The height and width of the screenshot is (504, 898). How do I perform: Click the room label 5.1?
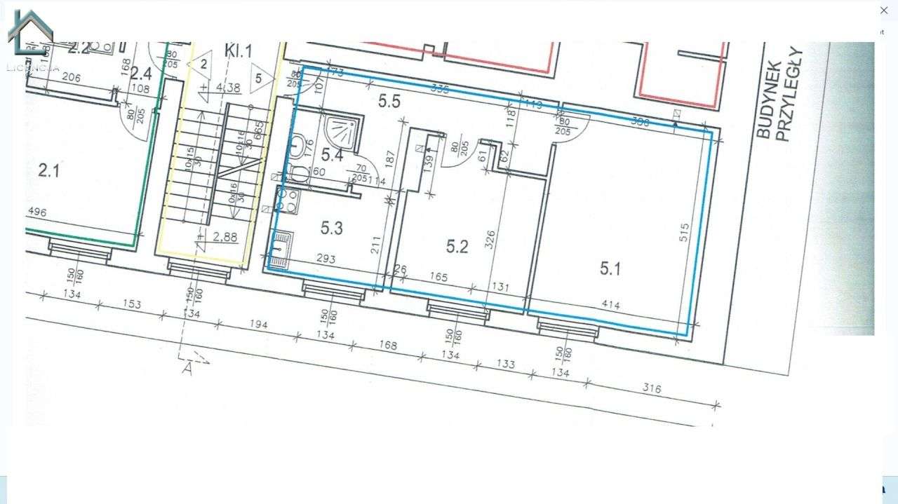click(610, 268)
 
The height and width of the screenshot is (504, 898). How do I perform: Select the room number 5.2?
click(457, 246)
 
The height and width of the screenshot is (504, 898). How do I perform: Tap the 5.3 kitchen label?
click(331, 228)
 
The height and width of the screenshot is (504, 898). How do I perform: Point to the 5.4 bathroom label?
click(332, 156)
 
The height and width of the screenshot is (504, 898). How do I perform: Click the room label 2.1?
click(48, 170)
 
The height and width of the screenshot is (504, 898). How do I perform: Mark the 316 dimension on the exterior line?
click(651, 388)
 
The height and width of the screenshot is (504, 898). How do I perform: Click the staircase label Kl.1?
click(238, 51)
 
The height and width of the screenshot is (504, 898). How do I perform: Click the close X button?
click(884, 11)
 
